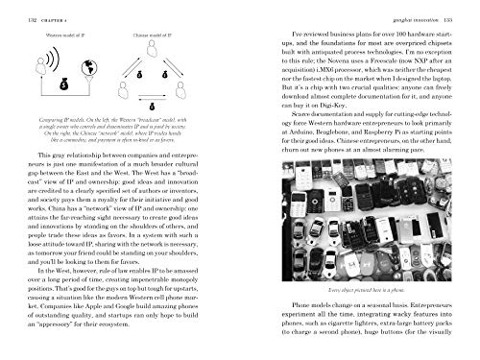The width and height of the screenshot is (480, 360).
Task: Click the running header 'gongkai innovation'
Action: coord(404,8)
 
